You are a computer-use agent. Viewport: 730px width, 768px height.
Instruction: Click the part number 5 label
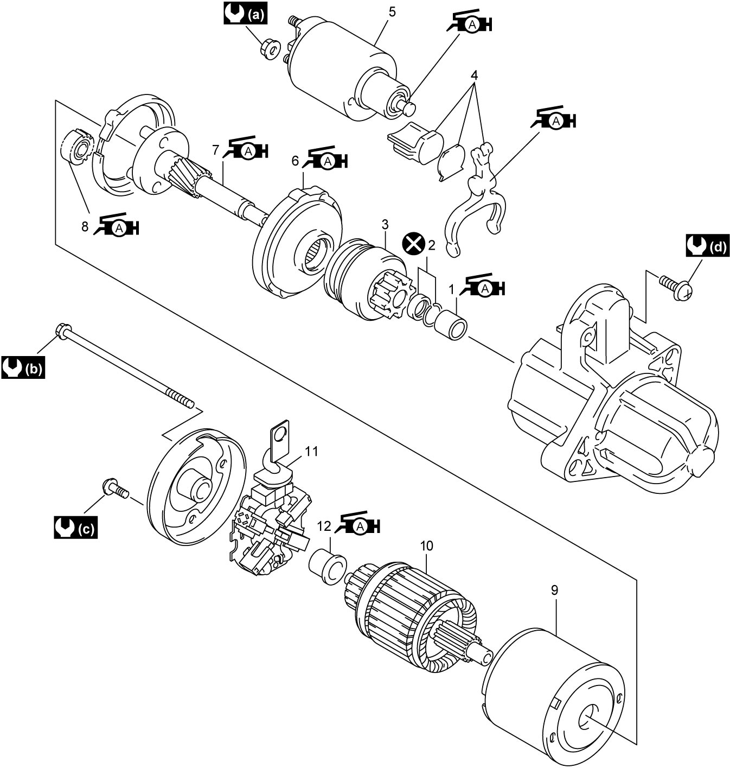[x=392, y=12]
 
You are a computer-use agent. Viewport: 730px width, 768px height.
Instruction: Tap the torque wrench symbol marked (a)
[x=246, y=14]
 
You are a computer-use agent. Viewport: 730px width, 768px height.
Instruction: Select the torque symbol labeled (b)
[x=23, y=367]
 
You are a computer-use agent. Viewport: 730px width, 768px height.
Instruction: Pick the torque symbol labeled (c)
[x=76, y=528]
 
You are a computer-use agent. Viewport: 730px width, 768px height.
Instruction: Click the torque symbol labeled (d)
[x=707, y=245]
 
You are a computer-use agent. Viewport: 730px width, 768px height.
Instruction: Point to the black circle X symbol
[x=414, y=244]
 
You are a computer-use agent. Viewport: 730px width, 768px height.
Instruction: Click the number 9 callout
[x=555, y=591]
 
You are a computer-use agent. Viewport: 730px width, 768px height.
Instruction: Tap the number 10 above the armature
[x=427, y=545]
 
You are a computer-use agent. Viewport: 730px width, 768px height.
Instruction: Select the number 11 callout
[x=311, y=451]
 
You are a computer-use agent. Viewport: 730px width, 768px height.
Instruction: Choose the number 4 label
[x=475, y=74]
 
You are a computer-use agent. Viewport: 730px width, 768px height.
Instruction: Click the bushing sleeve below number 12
[x=328, y=567]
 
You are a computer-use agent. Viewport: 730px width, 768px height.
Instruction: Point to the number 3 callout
[x=385, y=225]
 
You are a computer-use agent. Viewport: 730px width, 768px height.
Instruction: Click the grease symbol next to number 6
[x=325, y=158]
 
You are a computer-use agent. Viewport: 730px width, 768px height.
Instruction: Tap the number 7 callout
[x=216, y=150]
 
